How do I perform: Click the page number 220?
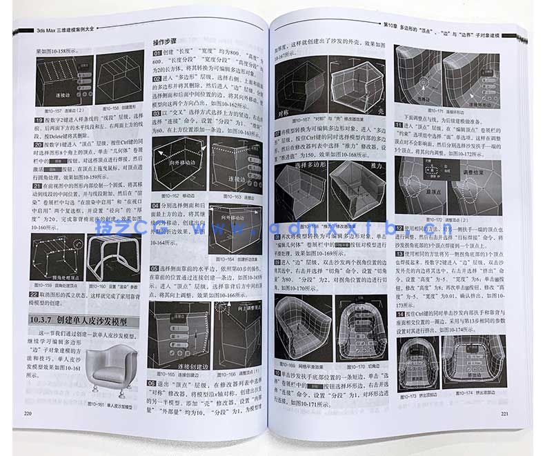click(x=28, y=413)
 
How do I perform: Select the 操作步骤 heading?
click(x=169, y=42)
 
